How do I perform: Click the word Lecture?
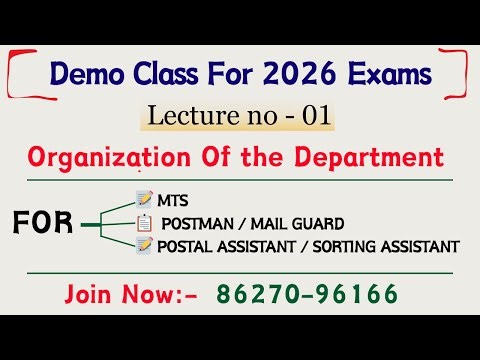click(185, 116)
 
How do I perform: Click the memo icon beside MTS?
click(144, 199)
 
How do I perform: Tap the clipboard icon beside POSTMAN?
click(144, 222)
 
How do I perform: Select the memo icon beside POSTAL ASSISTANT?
click(144, 245)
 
